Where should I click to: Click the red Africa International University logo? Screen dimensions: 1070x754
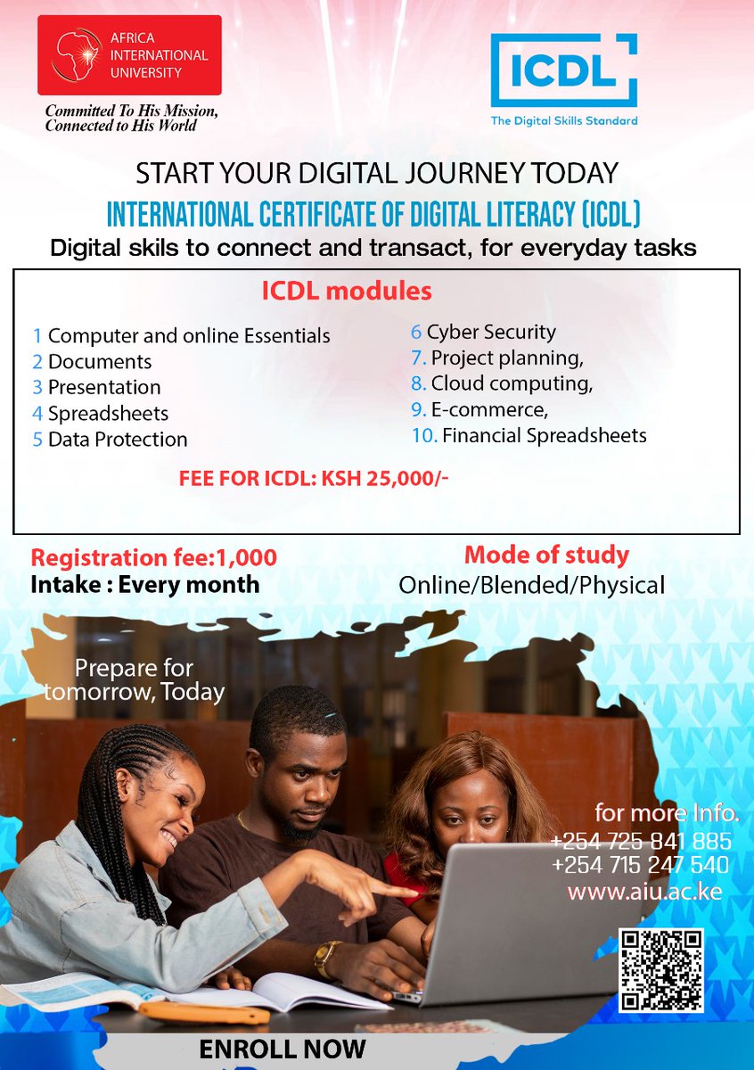(129, 55)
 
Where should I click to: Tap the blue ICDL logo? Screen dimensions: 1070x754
(563, 71)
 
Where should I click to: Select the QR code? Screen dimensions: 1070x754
(661, 970)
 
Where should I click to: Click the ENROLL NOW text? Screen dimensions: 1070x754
(283, 1049)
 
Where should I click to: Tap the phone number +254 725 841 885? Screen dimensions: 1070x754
(641, 841)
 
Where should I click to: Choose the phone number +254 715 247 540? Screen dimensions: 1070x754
(641, 865)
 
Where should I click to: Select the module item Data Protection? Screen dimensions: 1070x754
(117, 440)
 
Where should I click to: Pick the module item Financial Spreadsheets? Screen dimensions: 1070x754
(544, 436)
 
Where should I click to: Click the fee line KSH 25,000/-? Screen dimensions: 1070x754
(314, 479)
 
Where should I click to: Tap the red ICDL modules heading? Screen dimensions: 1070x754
(347, 292)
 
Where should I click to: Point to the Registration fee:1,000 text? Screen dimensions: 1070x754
(154, 558)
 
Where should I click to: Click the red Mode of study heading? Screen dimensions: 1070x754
(546, 555)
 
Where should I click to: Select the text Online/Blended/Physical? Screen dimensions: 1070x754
(531, 586)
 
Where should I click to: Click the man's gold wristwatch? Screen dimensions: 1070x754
(326, 959)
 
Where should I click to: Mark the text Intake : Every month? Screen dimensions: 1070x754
(145, 585)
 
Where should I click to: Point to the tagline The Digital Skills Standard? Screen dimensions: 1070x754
(564, 121)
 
